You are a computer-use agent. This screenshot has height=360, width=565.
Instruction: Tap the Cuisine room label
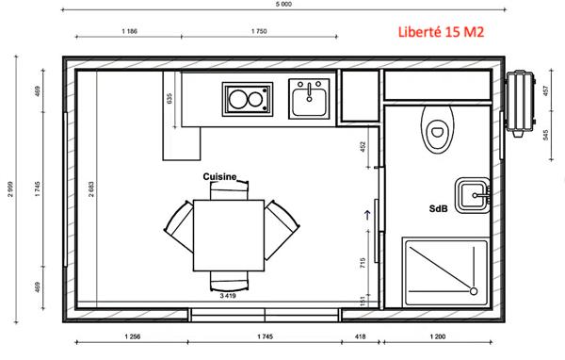coord(223,176)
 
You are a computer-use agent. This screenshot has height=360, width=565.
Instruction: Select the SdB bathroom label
coord(439,209)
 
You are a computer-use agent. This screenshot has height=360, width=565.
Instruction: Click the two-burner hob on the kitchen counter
coord(246,98)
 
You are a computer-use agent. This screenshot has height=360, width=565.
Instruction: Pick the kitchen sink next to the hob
coord(308,98)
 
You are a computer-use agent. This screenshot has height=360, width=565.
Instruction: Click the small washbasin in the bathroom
coord(471,195)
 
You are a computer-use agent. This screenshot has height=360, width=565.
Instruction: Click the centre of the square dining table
coord(228,232)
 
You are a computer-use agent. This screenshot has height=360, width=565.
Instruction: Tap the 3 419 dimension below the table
coord(228,296)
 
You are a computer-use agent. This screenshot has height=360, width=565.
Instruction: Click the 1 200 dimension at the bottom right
coord(439,335)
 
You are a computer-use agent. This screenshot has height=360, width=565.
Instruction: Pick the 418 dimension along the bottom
coord(360,335)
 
